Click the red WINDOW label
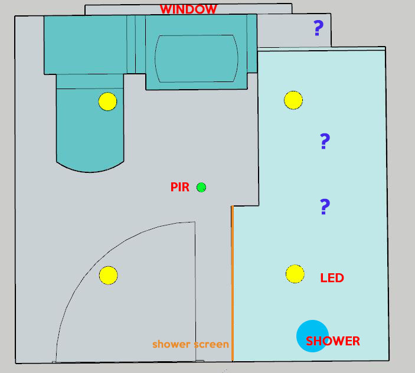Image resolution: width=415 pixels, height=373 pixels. [x=188, y=9]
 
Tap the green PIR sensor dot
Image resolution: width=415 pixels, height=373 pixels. [x=201, y=187]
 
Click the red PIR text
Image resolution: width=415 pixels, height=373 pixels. [x=180, y=187]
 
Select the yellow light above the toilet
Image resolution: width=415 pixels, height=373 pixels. [x=107, y=102]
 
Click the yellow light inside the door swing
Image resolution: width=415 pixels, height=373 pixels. [x=108, y=275]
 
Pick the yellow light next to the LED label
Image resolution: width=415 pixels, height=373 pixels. [x=295, y=274]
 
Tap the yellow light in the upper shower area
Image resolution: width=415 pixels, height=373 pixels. [x=293, y=100]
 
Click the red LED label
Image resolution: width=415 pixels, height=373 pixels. [x=332, y=278]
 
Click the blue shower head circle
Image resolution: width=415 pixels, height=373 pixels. [x=312, y=336]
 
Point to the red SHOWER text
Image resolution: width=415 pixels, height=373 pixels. [x=333, y=341]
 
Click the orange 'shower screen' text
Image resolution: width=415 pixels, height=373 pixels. [x=191, y=344]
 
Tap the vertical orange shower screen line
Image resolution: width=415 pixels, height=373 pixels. [x=233, y=283]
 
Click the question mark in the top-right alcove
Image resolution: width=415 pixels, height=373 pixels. [x=318, y=28]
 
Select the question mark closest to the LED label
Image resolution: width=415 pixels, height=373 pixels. [x=325, y=207]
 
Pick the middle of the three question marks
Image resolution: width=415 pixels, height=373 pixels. [x=325, y=141]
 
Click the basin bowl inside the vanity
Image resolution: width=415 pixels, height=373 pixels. [x=197, y=58]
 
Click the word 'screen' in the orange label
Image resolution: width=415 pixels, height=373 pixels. [x=211, y=345]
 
